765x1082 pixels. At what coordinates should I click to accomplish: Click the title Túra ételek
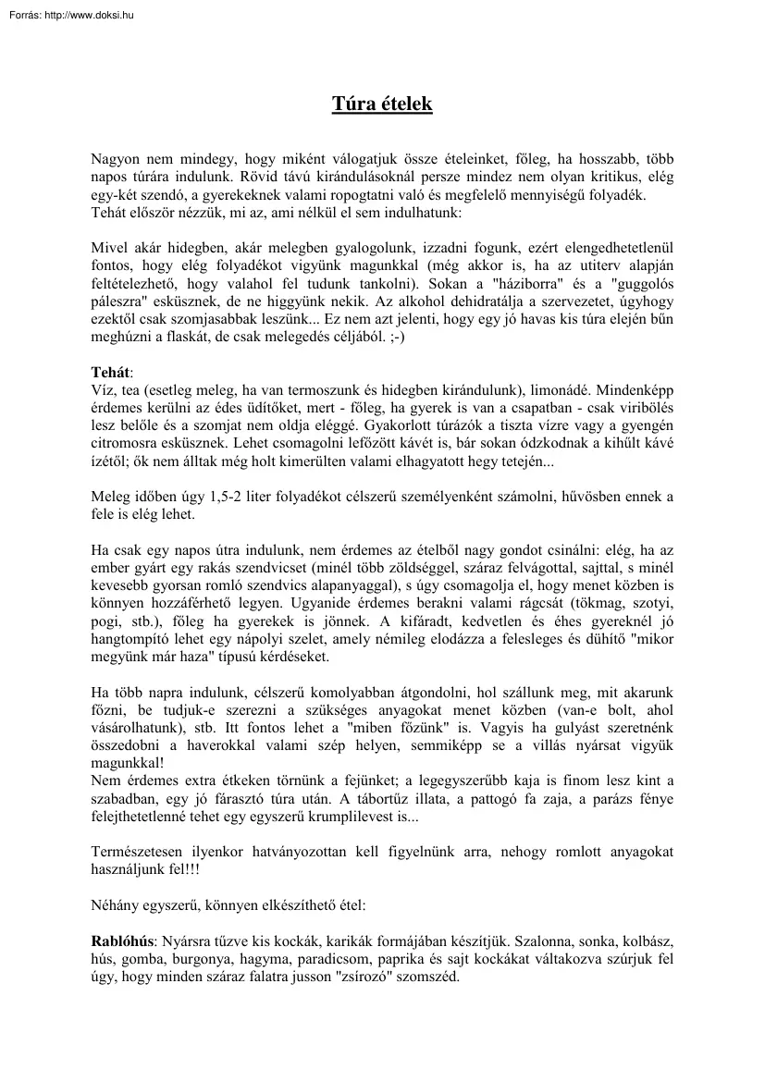382,105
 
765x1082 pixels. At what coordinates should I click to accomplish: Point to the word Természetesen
138,851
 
